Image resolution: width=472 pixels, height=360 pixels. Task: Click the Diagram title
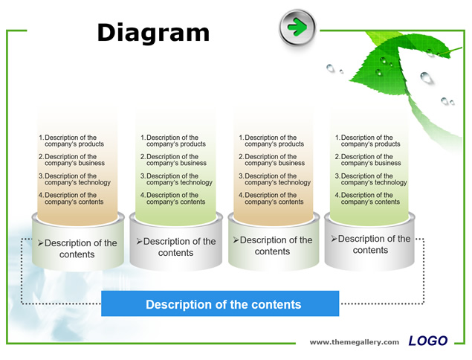pyautogui.click(x=153, y=33)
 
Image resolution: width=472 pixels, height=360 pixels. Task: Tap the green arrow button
pyautogui.click(x=297, y=27)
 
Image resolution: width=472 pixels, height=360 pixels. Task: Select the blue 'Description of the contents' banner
pyautogui.click(x=220, y=303)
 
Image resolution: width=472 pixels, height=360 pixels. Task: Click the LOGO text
pyautogui.click(x=427, y=341)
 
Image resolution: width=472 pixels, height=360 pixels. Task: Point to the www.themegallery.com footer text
pyautogui.click(x=355, y=342)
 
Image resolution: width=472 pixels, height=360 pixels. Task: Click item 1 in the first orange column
pyautogui.click(x=71, y=141)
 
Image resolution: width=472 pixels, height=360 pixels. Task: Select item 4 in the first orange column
pyautogui.click(x=71, y=199)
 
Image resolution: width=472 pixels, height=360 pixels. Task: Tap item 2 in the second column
pyautogui.click(x=173, y=160)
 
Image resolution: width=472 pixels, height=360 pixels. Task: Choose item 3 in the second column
pyautogui.click(x=176, y=179)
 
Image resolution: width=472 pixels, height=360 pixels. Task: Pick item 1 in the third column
pyautogui.click(x=271, y=141)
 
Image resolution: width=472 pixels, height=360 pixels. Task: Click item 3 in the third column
pyautogui.click(x=274, y=179)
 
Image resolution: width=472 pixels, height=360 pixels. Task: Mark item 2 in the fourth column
pyautogui.click(x=368, y=160)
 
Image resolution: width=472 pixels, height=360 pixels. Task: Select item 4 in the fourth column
pyautogui.click(x=367, y=199)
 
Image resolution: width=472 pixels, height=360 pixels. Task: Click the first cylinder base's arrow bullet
pyautogui.click(x=41, y=242)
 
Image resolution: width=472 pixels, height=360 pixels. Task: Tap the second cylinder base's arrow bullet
pyautogui.click(x=139, y=241)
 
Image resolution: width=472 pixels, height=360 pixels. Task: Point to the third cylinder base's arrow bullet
pyautogui.click(x=236, y=240)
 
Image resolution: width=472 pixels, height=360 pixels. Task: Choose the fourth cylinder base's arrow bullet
pyautogui.click(x=334, y=239)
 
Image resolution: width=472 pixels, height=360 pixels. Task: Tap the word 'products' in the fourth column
pyautogui.click(x=387, y=144)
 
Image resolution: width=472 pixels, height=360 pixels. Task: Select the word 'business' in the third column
pyautogui.click(x=291, y=164)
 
